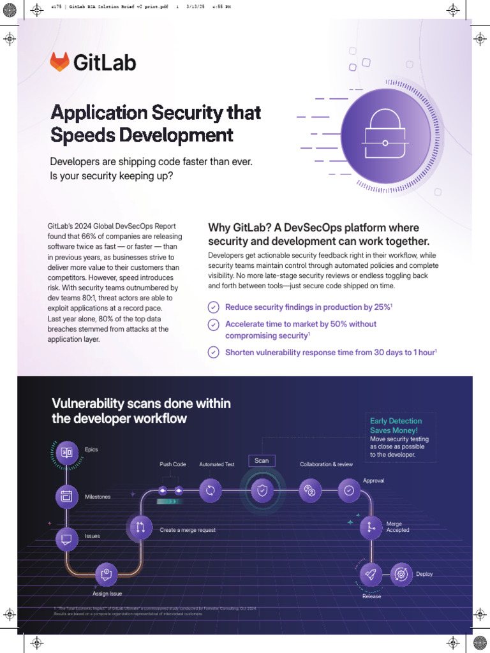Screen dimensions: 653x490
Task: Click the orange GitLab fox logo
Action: (x=59, y=62)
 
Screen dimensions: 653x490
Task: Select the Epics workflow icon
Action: (x=66, y=453)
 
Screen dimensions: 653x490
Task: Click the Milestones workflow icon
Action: (x=66, y=496)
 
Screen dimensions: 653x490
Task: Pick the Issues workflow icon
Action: (x=66, y=539)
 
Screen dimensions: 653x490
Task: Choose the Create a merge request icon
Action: (x=140, y=527)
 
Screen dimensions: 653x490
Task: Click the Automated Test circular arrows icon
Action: (x=210, y=490)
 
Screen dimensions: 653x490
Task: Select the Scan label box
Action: (x=262, y=460)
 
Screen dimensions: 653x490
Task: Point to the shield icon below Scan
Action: (x=262, y=490)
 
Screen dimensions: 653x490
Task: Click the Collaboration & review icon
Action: (x=310, y=490)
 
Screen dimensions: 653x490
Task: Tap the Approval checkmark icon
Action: (x=348, y=490)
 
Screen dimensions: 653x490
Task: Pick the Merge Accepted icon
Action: (x=370, y=527)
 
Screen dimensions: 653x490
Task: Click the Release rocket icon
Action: (x=371, y=575)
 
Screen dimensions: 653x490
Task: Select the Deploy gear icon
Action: (x=401, y=574)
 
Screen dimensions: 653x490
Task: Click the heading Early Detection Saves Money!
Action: (x=396, y=425)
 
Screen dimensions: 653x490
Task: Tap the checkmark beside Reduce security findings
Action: (x=214, y=307)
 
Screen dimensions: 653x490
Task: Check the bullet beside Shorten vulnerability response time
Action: (x=214, y=352)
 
